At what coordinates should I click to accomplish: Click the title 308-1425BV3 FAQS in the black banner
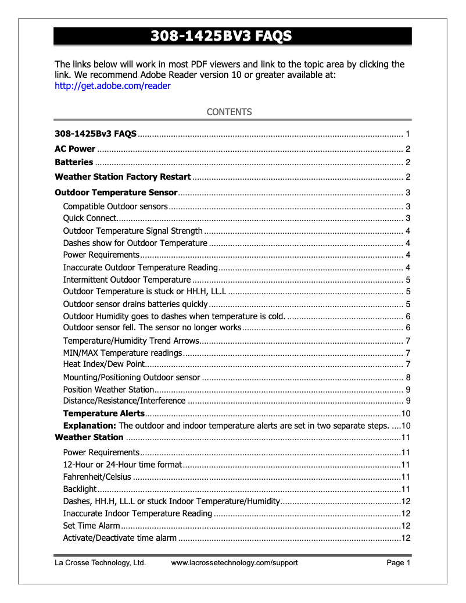(221, 37)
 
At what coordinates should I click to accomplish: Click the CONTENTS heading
(230, 112)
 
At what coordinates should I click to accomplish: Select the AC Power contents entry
(75, 149)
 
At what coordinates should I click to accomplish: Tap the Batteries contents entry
(74, 162)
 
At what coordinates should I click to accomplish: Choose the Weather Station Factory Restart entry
(123, 177)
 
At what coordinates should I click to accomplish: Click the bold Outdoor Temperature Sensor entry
(116, 192)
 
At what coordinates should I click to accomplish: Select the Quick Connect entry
(90, 219)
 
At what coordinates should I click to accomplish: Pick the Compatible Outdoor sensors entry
(115, 206)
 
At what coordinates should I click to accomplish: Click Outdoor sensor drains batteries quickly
(135, 304)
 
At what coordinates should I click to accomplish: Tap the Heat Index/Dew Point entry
(103, 365)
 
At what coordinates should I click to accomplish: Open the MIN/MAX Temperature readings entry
(123, 353)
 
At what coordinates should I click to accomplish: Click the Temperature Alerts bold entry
(103, 413)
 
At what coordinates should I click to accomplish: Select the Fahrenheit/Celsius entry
(97, 477)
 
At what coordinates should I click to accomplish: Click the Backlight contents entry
(80, 489)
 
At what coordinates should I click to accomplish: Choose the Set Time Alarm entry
(91, 526)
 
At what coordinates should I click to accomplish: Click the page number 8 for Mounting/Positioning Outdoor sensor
(408, 377)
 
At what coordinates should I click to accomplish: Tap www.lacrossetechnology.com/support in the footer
(234, 563)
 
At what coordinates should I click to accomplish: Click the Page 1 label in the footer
(399, 563)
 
